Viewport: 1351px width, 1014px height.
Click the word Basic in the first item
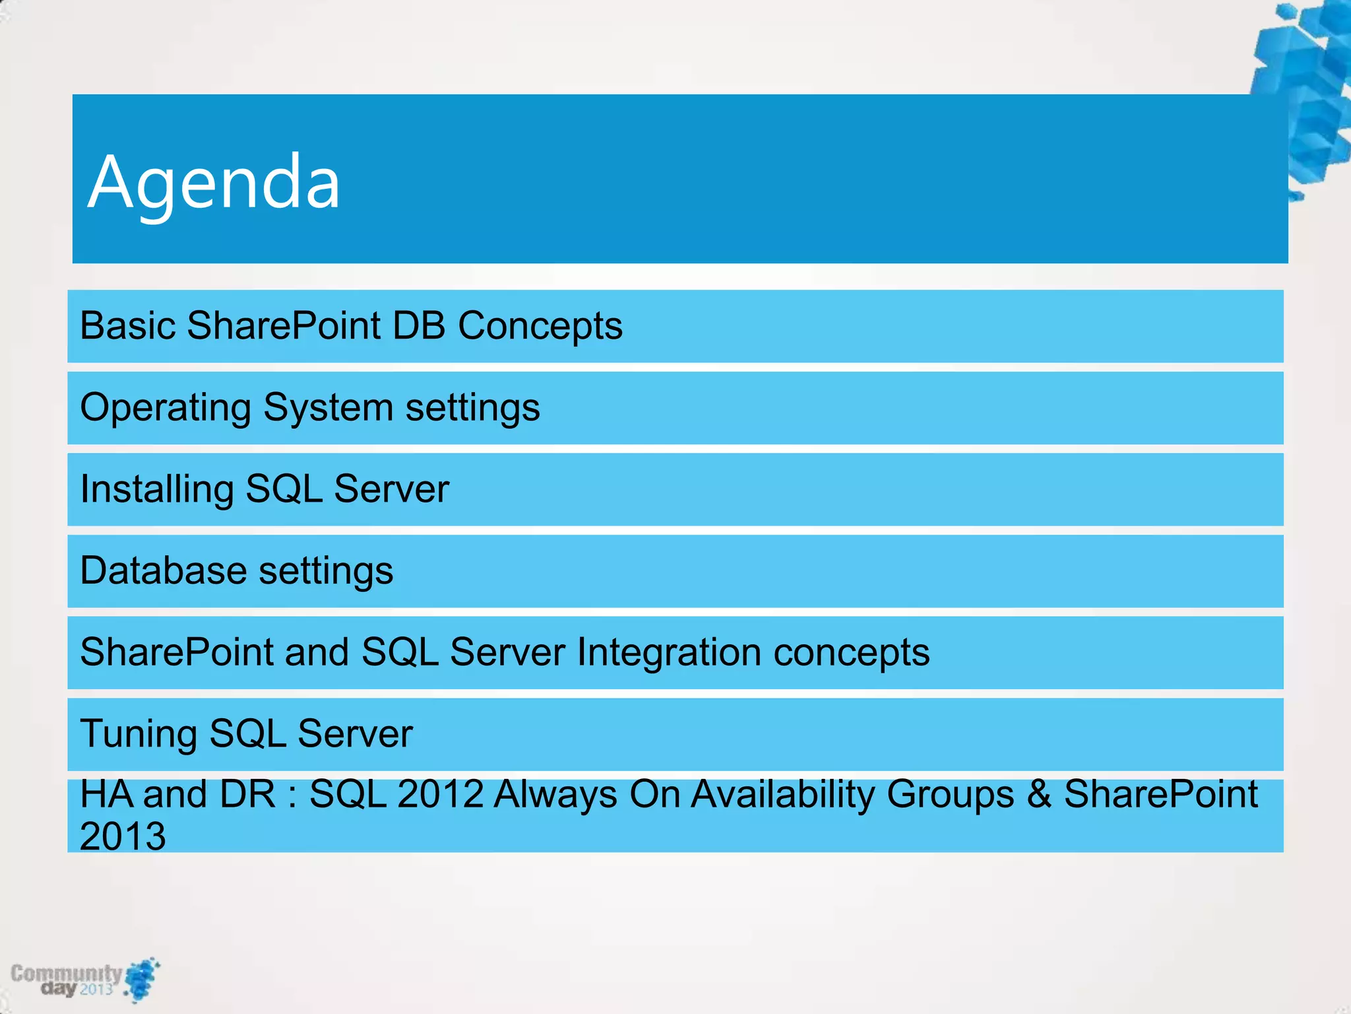pyautogui.click(x=127, y=325)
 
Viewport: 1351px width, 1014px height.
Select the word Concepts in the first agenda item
pyautogui.click(x=540, y=325)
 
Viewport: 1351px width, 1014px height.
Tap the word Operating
pyautogui.click(x=166, y=408)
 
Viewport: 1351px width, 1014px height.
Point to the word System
pyautogui.click(x=328, y=408)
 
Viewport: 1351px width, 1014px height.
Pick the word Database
pyautogui.click(x=164, y=570)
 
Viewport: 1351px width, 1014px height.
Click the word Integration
pyautogui.click(x=669, y=652)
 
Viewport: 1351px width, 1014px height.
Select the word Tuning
pyautogui.click(x=139, y=734)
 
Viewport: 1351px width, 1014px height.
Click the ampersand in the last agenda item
pyautogui.click(x=1038, y=794)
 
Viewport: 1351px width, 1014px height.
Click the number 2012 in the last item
pyautogui.click(x=441, y=794)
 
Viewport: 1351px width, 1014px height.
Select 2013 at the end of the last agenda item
pyautogui.click(x=123, y=836)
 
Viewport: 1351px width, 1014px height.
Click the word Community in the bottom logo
pyautogui.click(x=66, y=973)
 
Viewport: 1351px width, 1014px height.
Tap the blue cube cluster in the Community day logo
pyautogui.click(x=142, y=979)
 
